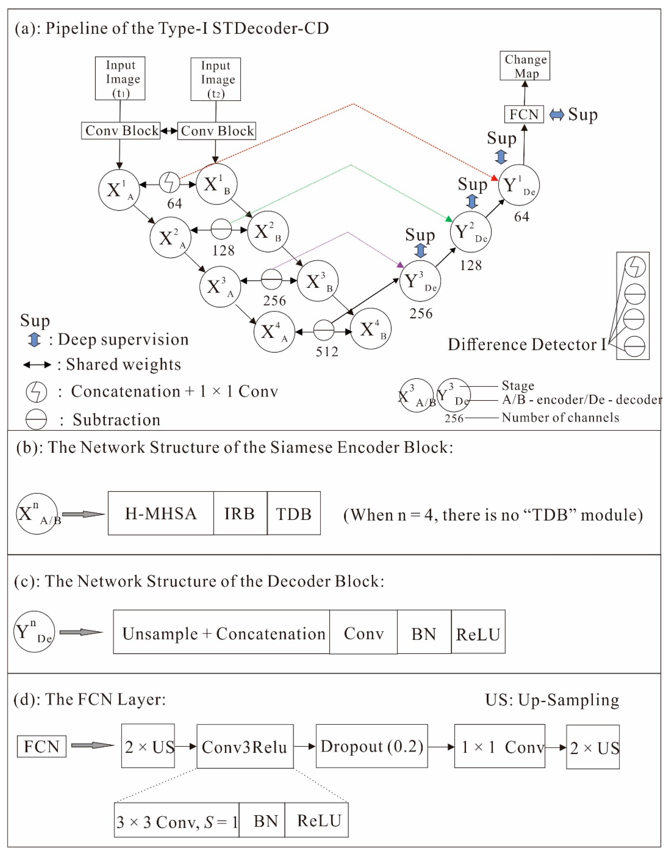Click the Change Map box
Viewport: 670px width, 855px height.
point(525,65)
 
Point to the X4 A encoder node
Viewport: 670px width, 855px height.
point(274,332)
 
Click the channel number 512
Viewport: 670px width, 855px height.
point(327,352)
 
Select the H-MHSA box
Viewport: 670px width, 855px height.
point(161,513)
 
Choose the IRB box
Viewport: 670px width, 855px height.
point(240,513)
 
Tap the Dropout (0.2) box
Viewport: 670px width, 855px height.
point(372,746)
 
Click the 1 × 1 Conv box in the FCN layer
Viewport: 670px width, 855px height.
point(499,746)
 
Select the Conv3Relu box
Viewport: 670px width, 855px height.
point(245,746)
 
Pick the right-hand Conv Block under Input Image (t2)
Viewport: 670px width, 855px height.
point(216,131)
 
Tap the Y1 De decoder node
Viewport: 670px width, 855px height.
point(519,185)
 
